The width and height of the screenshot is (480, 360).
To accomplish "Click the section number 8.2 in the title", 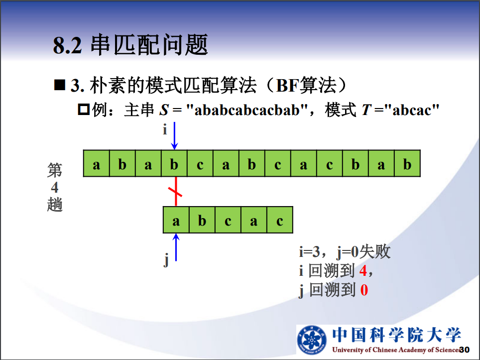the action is [x=68, y=45].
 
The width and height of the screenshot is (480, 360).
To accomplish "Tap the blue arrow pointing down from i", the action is [x=174, y=135].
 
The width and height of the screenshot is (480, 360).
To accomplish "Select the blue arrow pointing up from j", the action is [x=176, y=247].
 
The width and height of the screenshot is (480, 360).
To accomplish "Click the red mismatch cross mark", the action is [x=175, y=192].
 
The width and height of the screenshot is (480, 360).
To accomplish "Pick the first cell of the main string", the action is [x=97, y=163].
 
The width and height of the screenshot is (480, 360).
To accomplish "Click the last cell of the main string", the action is [x=407, y=163].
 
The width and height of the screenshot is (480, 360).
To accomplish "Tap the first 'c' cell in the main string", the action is [x=200, y=163].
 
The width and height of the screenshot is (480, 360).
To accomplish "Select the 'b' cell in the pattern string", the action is [x=202, y=220].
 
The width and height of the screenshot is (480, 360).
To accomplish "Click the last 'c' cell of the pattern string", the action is [x=280, y=220].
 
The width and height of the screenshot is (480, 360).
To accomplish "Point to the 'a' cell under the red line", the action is [x=176, y=220].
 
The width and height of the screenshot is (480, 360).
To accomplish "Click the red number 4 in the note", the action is [x=363, y=271].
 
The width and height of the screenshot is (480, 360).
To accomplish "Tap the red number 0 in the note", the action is [x=364, y=290].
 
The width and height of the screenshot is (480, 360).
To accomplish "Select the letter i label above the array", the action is [x=165, y=130].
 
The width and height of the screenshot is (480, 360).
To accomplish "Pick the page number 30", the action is [x=465, y=350].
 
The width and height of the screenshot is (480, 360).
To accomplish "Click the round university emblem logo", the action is [x=312, y=340].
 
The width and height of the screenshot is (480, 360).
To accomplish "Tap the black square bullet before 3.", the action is [x=60, y=85].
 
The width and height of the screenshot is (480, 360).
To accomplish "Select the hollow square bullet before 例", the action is [x=84, y=109].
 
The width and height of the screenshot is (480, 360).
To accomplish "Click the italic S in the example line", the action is [x=164, y=110].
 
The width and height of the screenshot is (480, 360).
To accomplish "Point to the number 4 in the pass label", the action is [x=55, y=187].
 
